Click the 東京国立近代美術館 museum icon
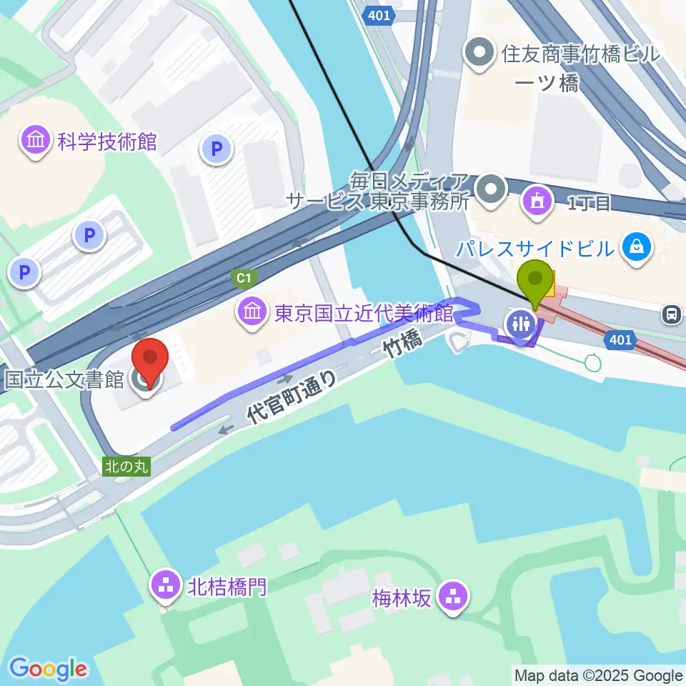click(x=252, y=312)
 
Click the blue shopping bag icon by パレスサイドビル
click(x=635, y=248)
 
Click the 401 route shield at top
click(x=377, y=16)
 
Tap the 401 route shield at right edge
click(x=620, y=341)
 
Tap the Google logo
click(x=48, y=669)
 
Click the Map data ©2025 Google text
click(x=599, y=675)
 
